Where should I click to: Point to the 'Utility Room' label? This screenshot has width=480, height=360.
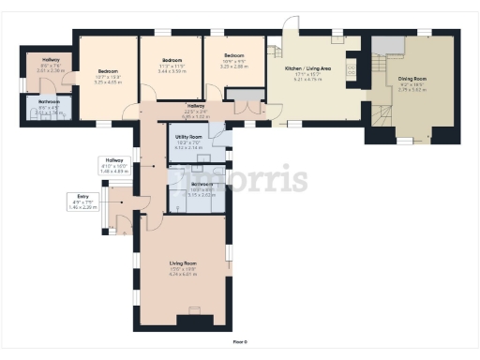(188, 136)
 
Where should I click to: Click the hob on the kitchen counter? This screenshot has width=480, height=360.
(352, 67)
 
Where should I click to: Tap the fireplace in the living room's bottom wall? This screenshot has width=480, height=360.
(194, 319)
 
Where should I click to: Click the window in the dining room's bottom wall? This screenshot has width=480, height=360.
(404, 141)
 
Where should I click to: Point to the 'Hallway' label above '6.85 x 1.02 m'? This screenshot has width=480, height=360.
(195, 106)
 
